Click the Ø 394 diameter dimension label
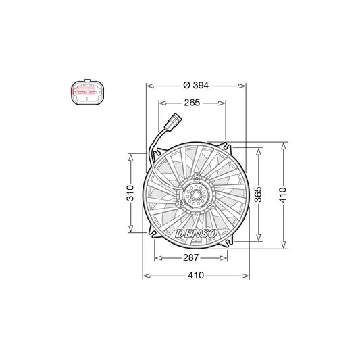(196, 85)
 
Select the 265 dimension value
(192, 103)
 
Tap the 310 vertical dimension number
(130, 193)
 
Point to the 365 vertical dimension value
(259, 195)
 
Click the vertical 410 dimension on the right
(283, 195)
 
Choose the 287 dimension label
(190, 257)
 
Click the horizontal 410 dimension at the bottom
(196, 275)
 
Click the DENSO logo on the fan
(196, 234)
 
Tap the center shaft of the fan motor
(196, 195)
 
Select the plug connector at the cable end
(173, 121)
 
